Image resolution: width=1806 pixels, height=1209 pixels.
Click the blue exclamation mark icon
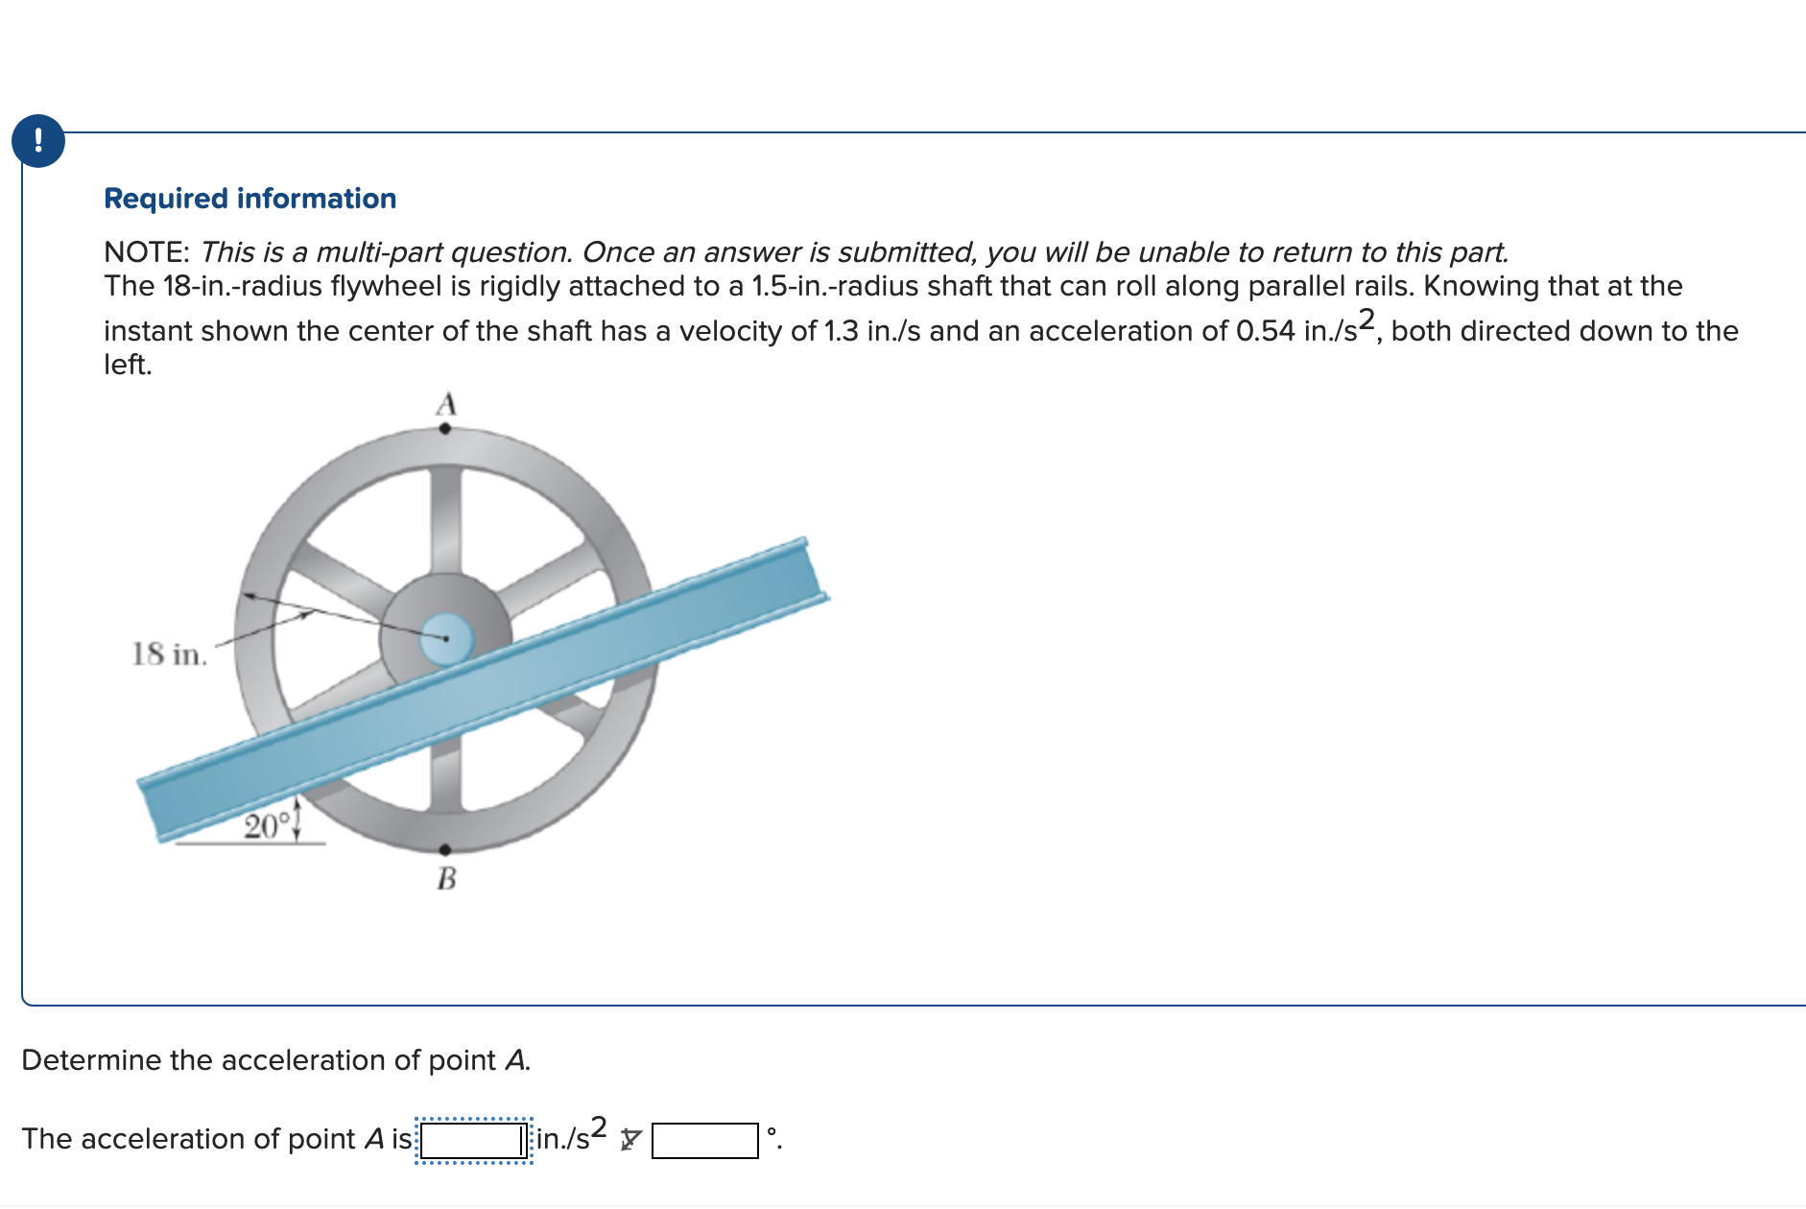click(38, 141)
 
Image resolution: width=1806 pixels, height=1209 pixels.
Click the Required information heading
click(250, 199)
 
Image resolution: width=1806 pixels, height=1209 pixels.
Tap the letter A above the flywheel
click(446, 404)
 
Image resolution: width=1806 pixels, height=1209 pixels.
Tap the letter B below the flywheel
click(446, 878)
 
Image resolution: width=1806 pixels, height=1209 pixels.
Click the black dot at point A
click(445, 429)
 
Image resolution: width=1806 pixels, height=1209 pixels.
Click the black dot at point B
click(445, 849)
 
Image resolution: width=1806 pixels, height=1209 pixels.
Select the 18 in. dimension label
click(169, 654)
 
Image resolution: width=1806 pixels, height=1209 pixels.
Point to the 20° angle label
click(266, 826)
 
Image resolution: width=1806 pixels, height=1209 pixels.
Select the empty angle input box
click(705, 1141)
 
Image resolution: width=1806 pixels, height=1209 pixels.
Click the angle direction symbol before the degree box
click(630, 1140)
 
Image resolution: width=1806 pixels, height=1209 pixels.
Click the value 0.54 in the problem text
click(1265, 331)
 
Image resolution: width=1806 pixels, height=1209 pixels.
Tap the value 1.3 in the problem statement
click(841, 331)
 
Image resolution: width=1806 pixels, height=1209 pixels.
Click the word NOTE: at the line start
click(146, 252)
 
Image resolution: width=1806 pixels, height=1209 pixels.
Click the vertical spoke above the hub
click(446, 518)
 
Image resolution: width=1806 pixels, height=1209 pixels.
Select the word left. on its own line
click(128, 366)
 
